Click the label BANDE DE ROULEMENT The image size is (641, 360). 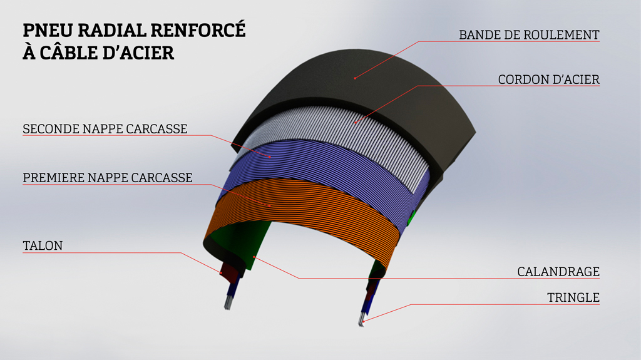pos(529,34)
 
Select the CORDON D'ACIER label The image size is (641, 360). pos(548,80)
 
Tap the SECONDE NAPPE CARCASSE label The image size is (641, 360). pos(105,129)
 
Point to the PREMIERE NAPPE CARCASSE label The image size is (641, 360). pos(107,178)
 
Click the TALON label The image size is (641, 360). pos(43,246)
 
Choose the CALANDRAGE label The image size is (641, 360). pos(558,272)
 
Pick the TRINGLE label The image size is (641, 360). pos(573,298)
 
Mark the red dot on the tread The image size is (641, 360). pos(355,78)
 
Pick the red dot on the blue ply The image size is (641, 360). pos(271,157)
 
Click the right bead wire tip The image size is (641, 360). pos(362,322)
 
